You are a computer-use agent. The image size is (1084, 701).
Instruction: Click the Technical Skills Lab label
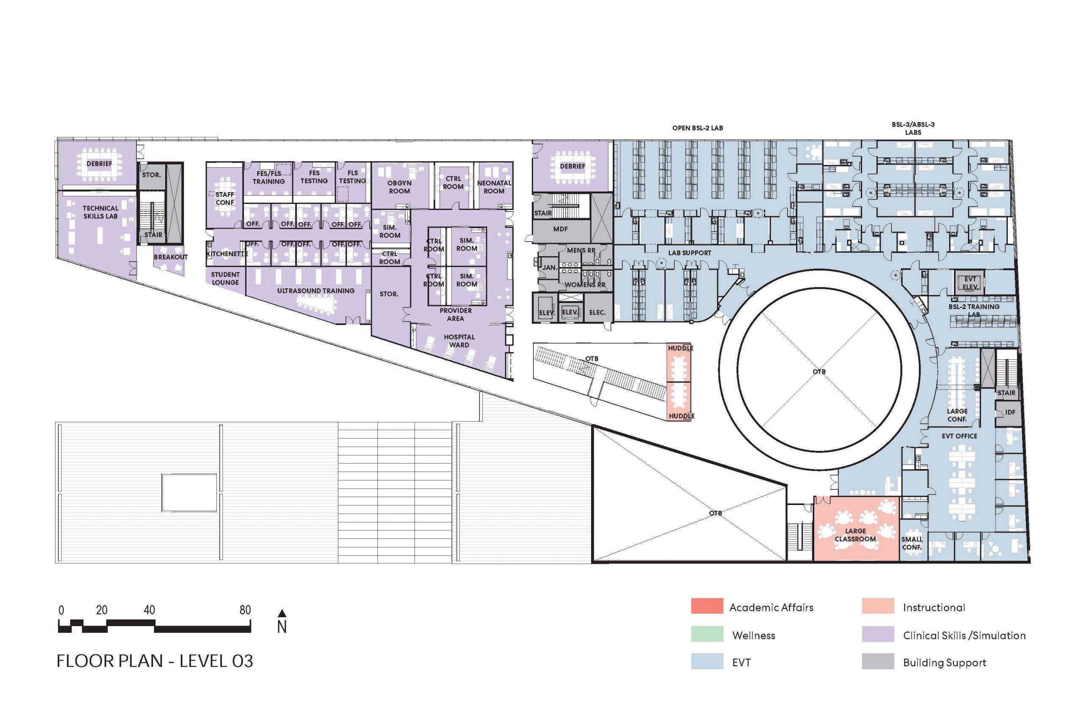point(100,212)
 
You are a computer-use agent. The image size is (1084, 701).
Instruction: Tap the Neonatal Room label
point(494,187)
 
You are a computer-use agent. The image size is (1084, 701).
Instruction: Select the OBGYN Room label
point(399,187)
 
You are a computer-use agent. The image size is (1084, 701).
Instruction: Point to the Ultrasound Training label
point(315,290)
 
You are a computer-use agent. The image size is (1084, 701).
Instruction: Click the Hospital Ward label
point(459,341)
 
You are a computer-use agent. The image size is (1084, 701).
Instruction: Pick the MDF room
point(561,229)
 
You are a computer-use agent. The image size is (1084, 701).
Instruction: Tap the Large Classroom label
point(855,535)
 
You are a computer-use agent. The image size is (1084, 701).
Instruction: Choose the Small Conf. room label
point(912,543)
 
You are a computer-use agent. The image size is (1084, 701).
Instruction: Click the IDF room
point(1010,412)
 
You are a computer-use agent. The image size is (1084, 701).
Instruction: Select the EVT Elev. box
point(970,283)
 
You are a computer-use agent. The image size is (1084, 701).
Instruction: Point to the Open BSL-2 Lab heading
point(697,128)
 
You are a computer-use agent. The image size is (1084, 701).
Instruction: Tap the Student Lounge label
point(225,278)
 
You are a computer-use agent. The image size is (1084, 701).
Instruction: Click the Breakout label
point(171,257)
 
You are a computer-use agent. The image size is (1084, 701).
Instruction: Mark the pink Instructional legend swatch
point(877,606)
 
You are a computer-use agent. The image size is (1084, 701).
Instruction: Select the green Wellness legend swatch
point(707,634)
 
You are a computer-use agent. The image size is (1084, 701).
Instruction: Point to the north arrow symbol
point(282,613)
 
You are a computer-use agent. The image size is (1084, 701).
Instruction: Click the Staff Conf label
point(224,199)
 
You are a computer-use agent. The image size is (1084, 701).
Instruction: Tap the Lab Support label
point(689,253)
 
